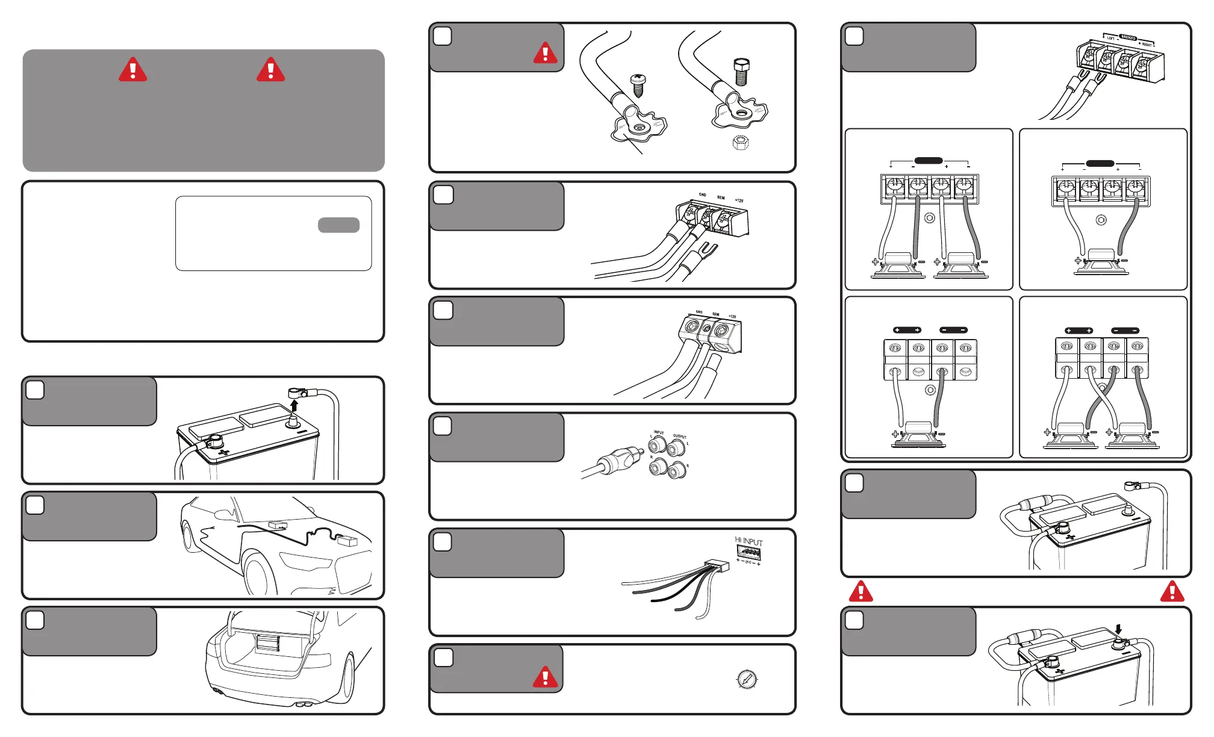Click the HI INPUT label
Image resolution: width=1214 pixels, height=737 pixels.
pyautogui.click(x=749, y=541)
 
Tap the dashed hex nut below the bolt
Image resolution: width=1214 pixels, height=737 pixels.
pyautogui.click(x=741, y=143)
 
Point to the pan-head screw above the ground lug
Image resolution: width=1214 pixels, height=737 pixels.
pyautogui.click(x=638, y=85)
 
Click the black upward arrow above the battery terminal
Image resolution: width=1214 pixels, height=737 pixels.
pyautogui.click(x=294, y=404)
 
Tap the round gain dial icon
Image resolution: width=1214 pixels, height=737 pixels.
pyautogui.click(x=747, y=679)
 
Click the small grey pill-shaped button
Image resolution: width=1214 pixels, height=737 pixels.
pyautogui.click(x=338, y=225)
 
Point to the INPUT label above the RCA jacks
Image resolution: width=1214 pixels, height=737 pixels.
pyautogui.click(x=659, y=432)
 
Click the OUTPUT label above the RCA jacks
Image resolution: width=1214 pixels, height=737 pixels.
pyautogui.click(x=680, y=436)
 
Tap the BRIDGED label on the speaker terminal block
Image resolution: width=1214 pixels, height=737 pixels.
pyautogui.click(x=1128, y=38)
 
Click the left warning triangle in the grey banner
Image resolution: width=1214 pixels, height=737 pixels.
pyautogui.click(x=133, y=70)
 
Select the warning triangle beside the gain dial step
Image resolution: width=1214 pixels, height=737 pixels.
pyautogui.click(x=545, y=677)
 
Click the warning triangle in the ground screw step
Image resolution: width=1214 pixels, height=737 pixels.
pyautogui.click(x=545, y=53)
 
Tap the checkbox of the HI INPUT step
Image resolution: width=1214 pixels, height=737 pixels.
pyautogui.click(x=443, y=542)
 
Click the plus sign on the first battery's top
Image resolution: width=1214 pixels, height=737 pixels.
pyautogui.click(x=223, y=452)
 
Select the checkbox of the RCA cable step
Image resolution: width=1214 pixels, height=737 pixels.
pyautogui.click(x=443, y=426)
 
